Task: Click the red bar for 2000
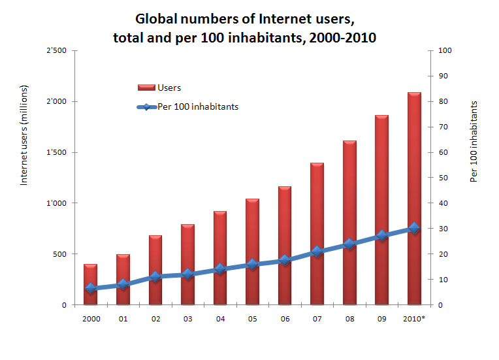point(90,284)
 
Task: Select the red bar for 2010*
point(414,199)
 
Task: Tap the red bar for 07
point(317,234)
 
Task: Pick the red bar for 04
point(220,258)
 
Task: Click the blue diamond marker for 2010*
point(414,228)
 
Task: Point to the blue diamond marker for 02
point(155,276)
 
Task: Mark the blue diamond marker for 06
point(285,261)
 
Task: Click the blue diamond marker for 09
point(382,236)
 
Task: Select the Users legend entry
point(159,88)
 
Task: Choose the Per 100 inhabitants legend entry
point(187,106)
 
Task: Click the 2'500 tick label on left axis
point(57,50)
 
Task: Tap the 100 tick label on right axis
point(445,50)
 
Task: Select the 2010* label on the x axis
point(414,319)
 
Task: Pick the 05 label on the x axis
point(252,319)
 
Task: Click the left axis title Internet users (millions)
point(24,135)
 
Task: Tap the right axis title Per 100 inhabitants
point(474,141)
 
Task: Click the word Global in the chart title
point(156,19)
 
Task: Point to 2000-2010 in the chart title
point(342,37)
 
